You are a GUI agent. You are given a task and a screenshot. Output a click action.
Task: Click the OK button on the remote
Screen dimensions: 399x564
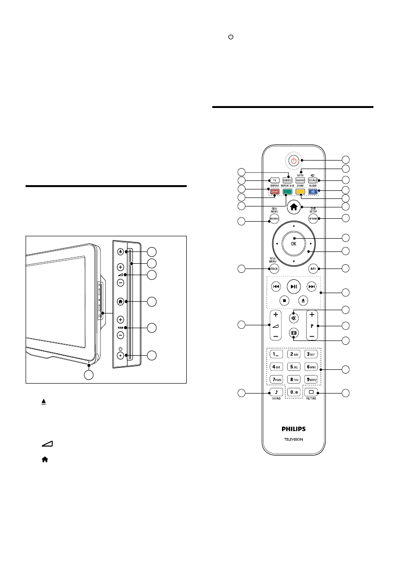294,243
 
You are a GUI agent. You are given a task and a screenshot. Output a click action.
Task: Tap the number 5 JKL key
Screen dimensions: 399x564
294,367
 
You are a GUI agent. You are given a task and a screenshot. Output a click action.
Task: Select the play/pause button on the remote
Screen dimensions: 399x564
294,286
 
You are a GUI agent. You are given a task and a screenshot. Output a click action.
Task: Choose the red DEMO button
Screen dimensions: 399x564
274,192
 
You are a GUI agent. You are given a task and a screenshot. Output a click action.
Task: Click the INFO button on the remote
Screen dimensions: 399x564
313,269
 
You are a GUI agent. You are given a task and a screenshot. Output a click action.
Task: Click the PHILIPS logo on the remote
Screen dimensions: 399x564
294,429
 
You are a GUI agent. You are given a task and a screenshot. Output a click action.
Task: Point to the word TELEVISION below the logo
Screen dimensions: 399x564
294,439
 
